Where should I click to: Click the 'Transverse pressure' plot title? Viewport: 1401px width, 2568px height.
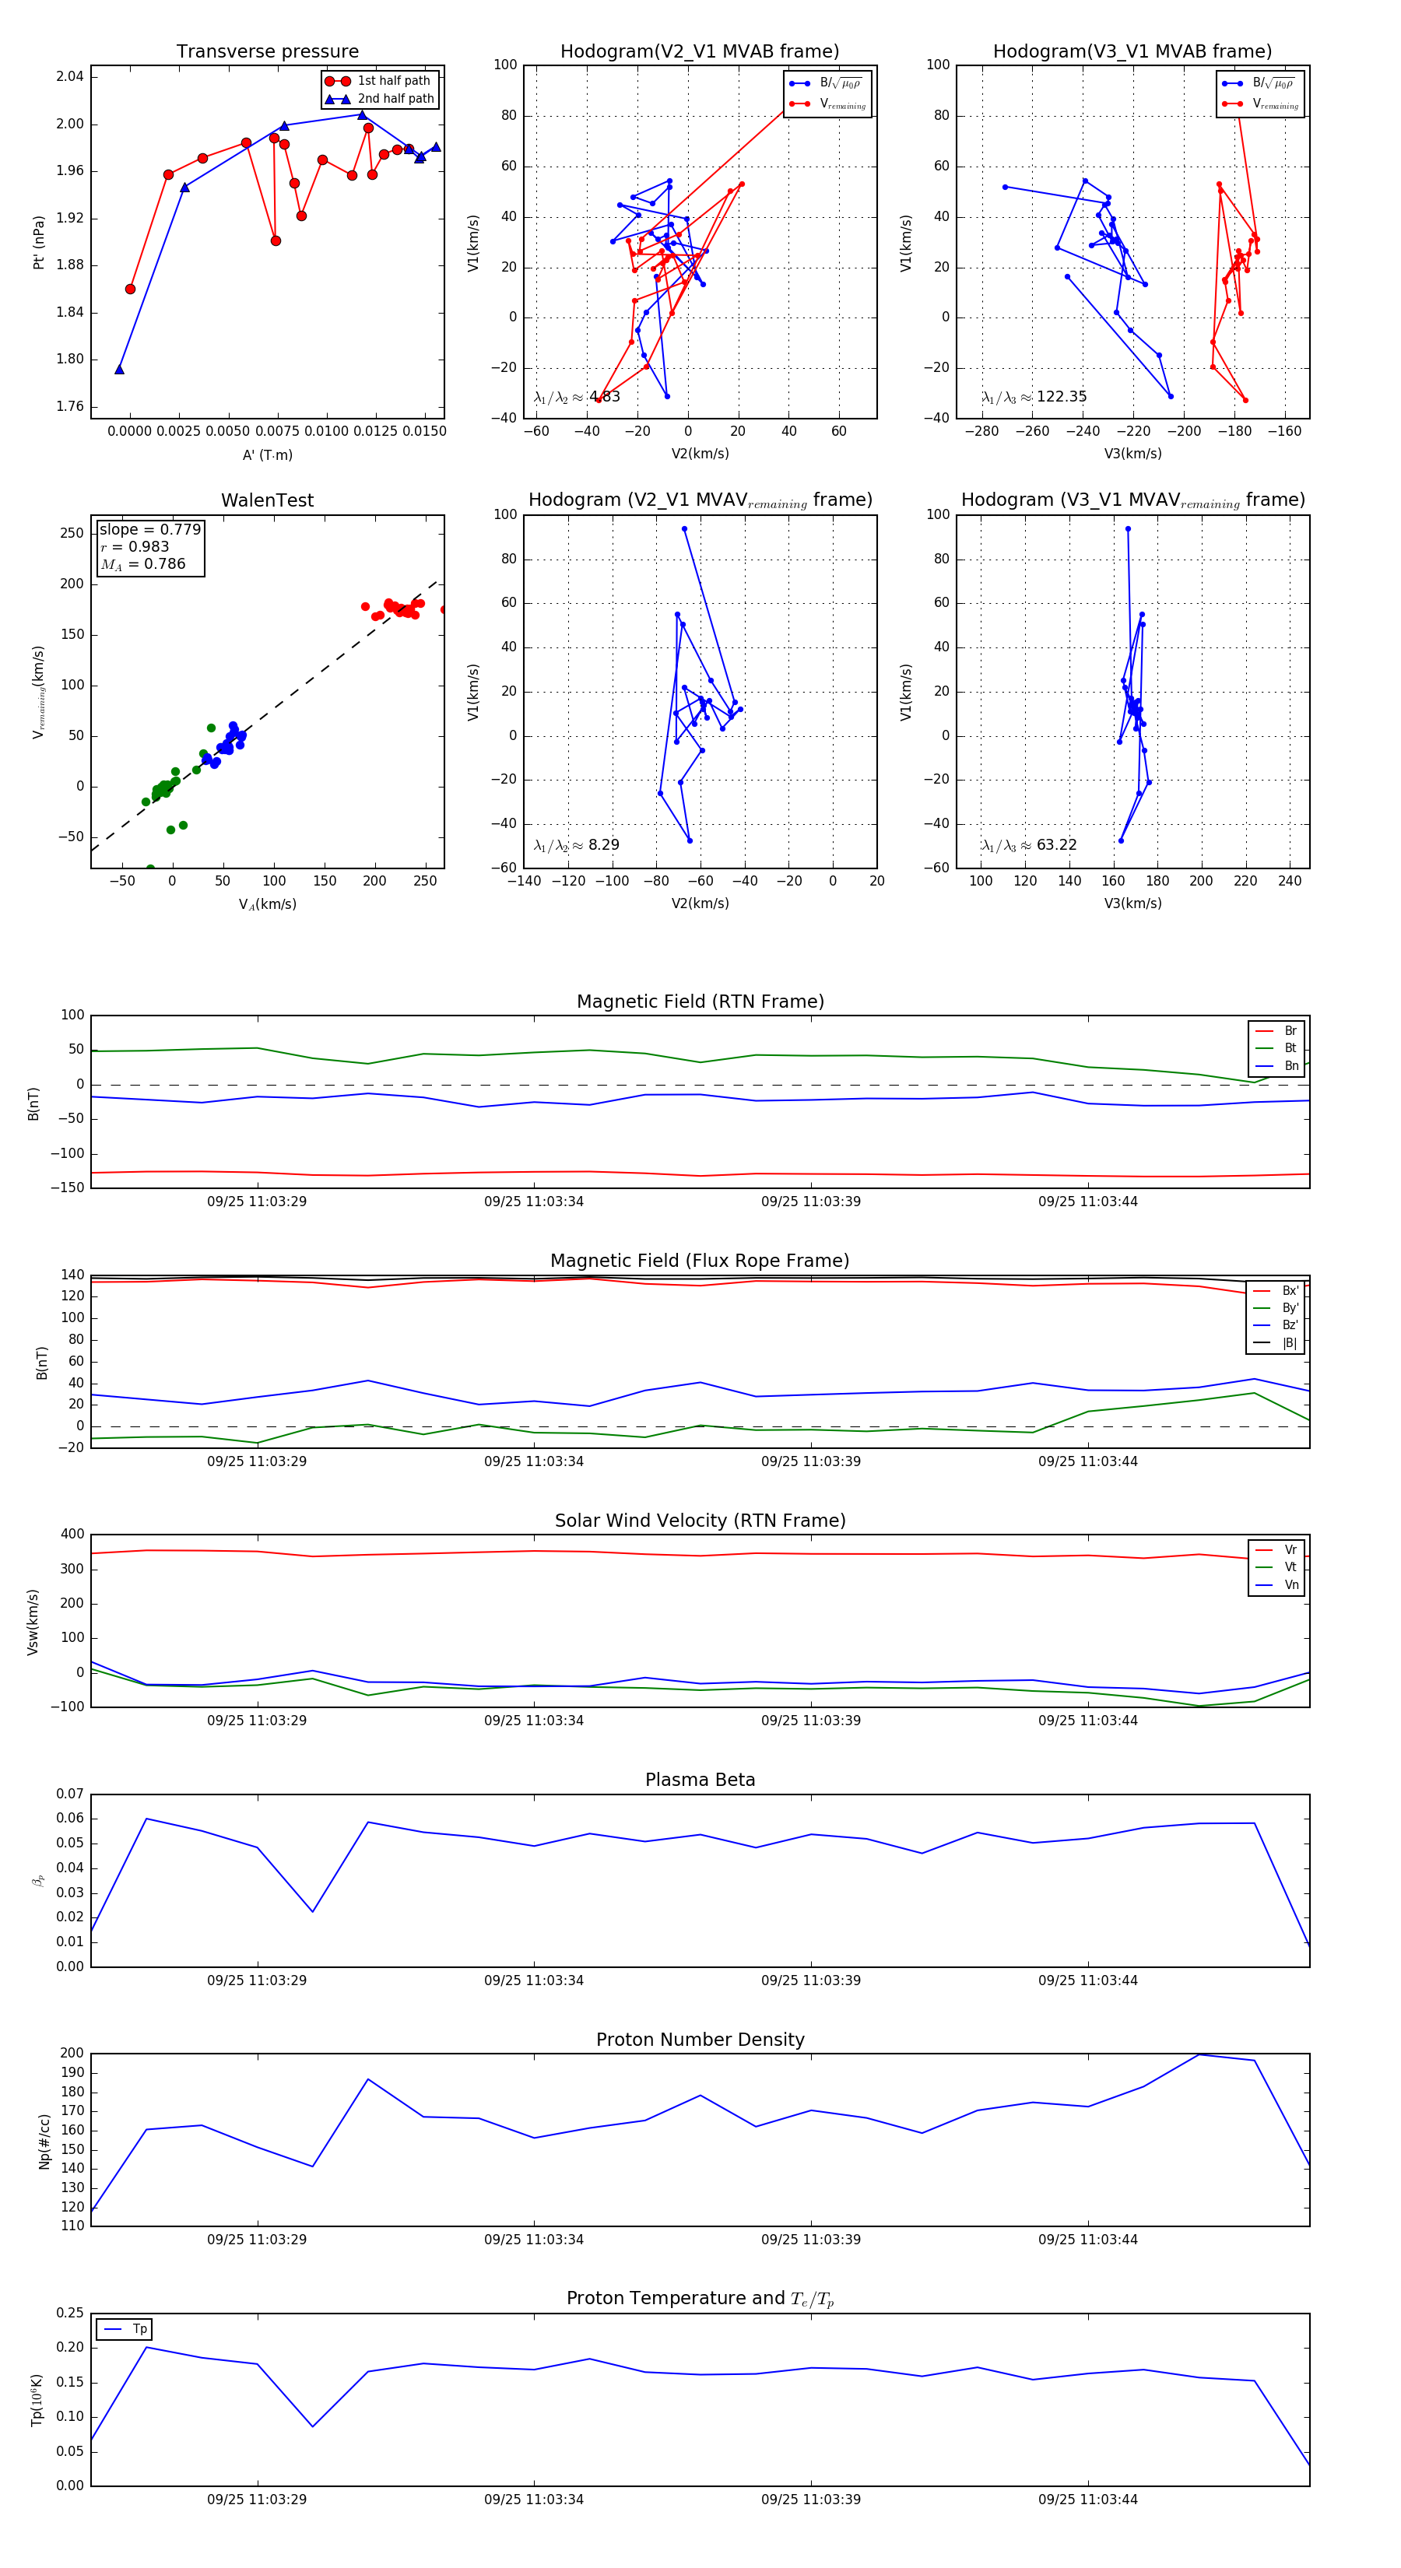(x=267, y=52)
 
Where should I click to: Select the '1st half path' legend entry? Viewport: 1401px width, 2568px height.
(x=393, y=81)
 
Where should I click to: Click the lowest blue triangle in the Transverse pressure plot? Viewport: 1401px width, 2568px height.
(x=120, y=370)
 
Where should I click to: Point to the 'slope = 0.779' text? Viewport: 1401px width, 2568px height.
(x=149, y=529)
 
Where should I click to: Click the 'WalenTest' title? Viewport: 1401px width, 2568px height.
(x=267, y=500)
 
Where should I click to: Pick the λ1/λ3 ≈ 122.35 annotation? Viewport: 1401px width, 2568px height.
(x=1034, y=397)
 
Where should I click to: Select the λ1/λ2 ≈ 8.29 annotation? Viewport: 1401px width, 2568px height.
(x=576, y=845)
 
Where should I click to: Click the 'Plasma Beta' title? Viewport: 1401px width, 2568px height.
(x=700, y=1780)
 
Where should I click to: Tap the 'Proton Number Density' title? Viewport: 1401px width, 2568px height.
(x=700, y=2040)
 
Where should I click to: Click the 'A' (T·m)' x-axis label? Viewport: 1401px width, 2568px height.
(x=267, y=455)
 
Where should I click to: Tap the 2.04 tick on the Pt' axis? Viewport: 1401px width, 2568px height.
(x=70, y=78)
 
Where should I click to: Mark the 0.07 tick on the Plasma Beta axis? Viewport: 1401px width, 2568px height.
(x=70, y=1794)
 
